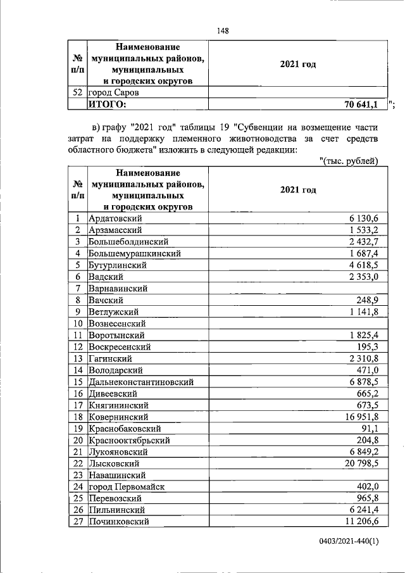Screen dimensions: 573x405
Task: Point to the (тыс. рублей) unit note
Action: pos(349,161)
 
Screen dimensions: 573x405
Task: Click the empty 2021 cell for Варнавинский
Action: pos(295,288)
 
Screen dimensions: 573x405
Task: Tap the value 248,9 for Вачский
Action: pos(368,300)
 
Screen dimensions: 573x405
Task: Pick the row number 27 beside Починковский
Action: pos(77,521)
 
